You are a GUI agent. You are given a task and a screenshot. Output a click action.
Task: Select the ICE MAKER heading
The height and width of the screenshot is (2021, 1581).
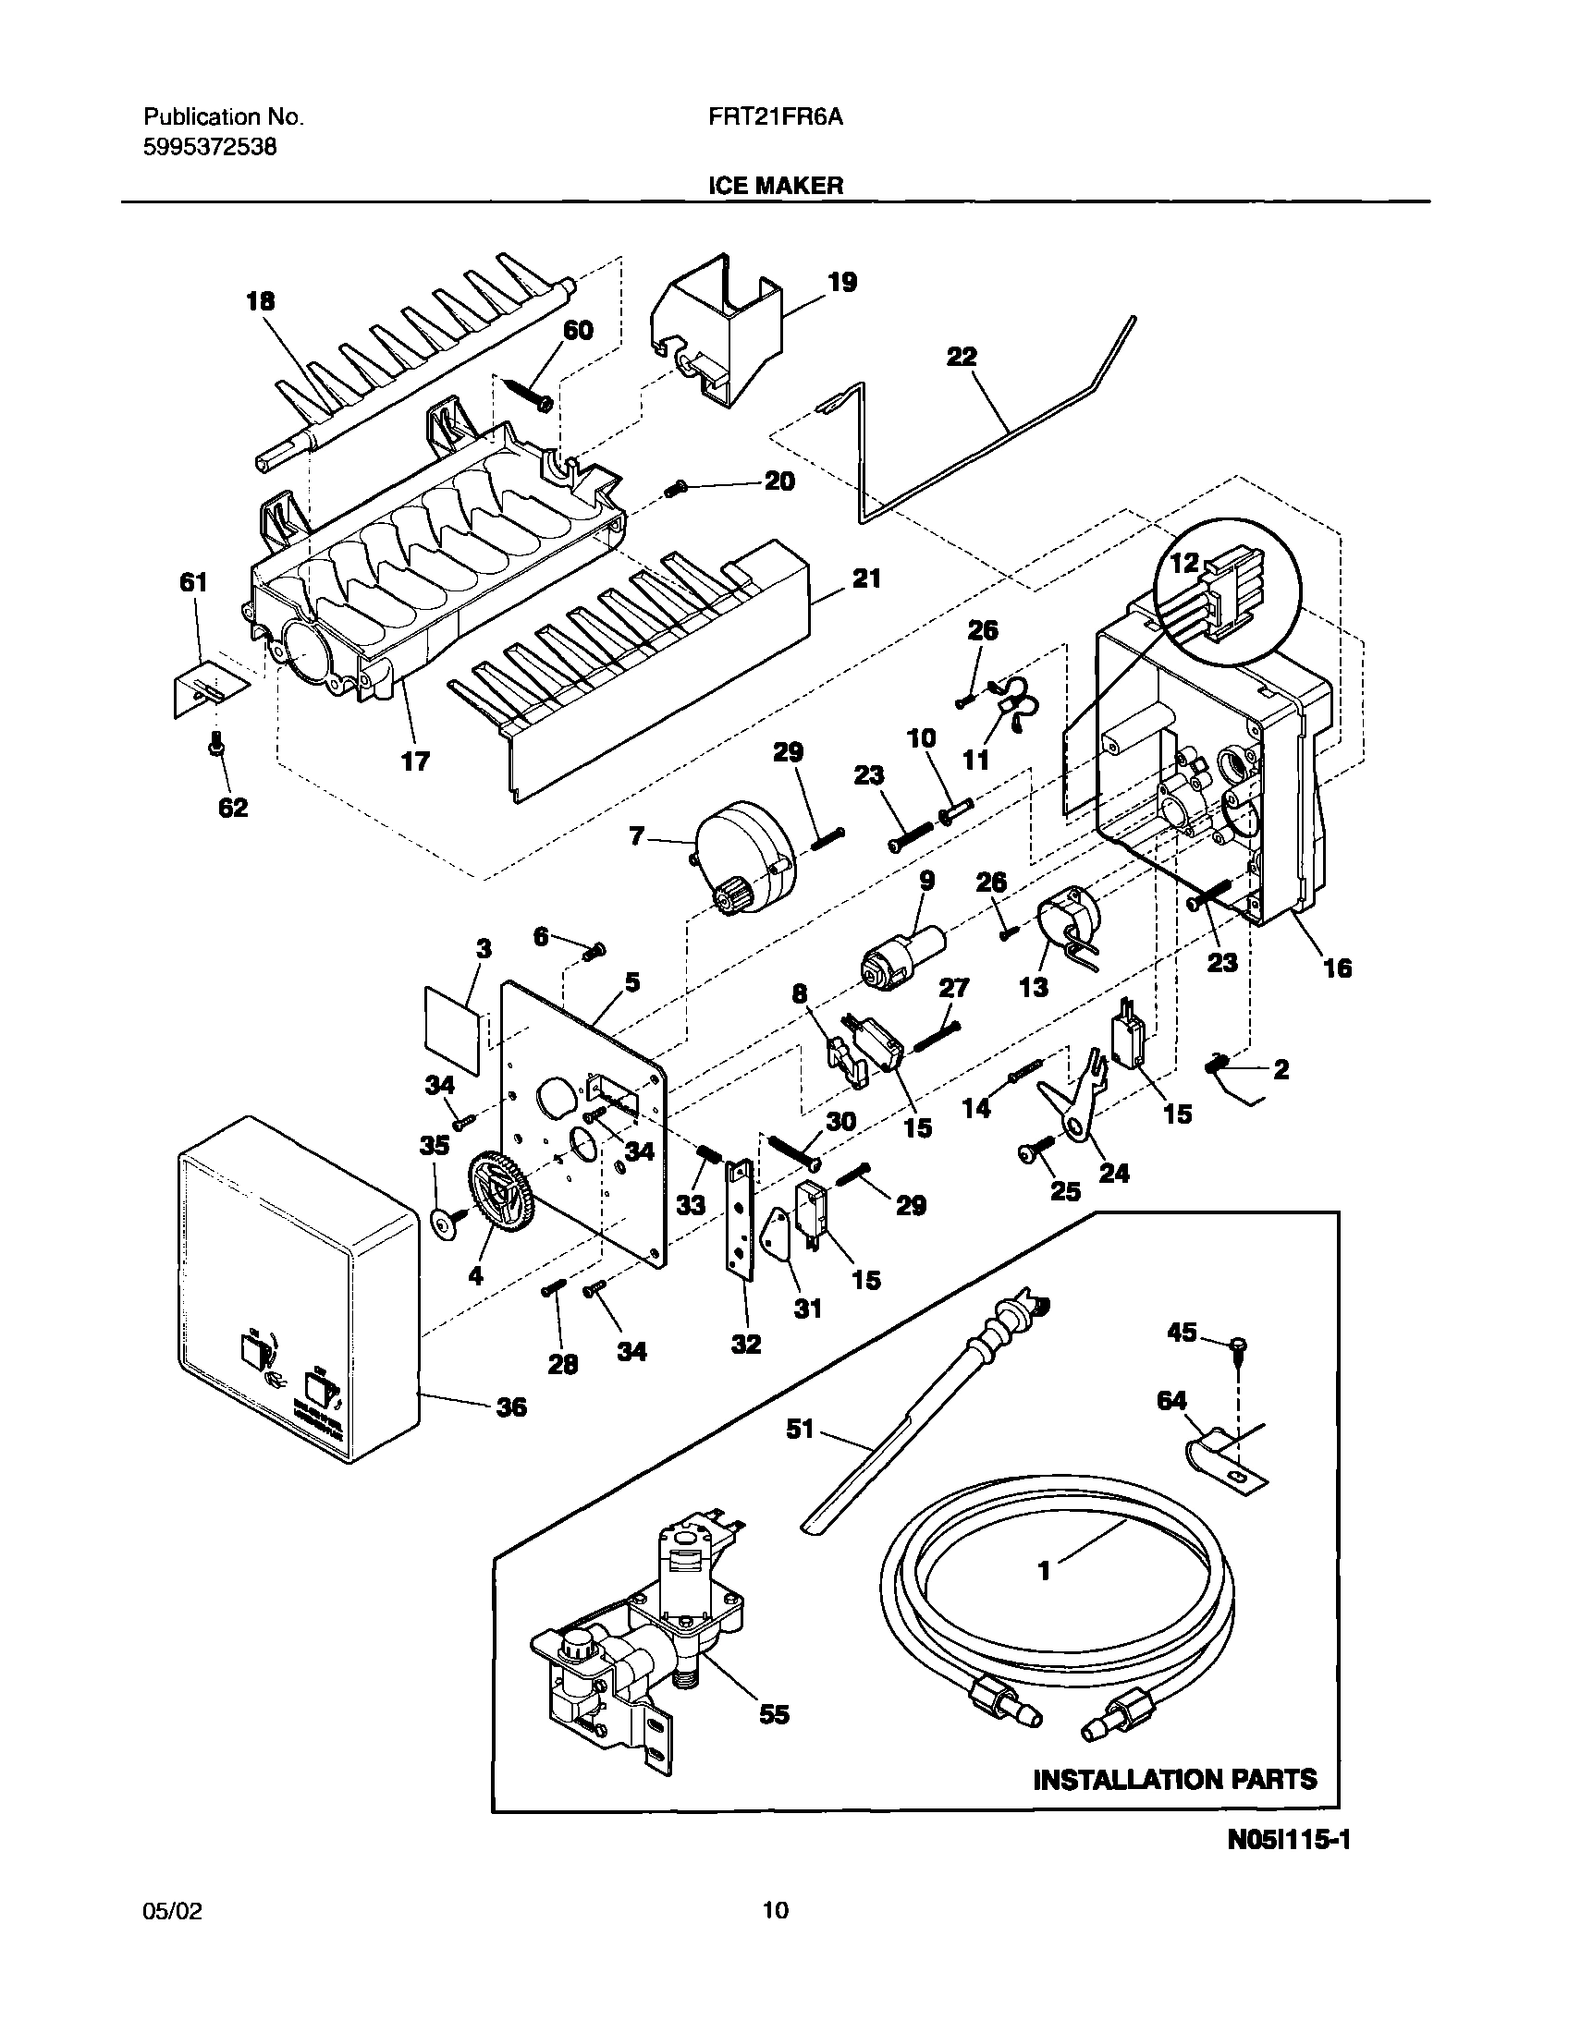(x=776, y=185)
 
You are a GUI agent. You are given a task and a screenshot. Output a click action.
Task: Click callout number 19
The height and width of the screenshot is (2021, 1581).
(x=841, y=281)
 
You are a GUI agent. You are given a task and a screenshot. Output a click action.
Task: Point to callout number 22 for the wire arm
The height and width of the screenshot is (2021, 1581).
(x=962, y=357)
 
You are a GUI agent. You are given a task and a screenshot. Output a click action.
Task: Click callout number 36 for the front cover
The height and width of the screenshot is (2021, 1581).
(x=511, y=1407)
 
